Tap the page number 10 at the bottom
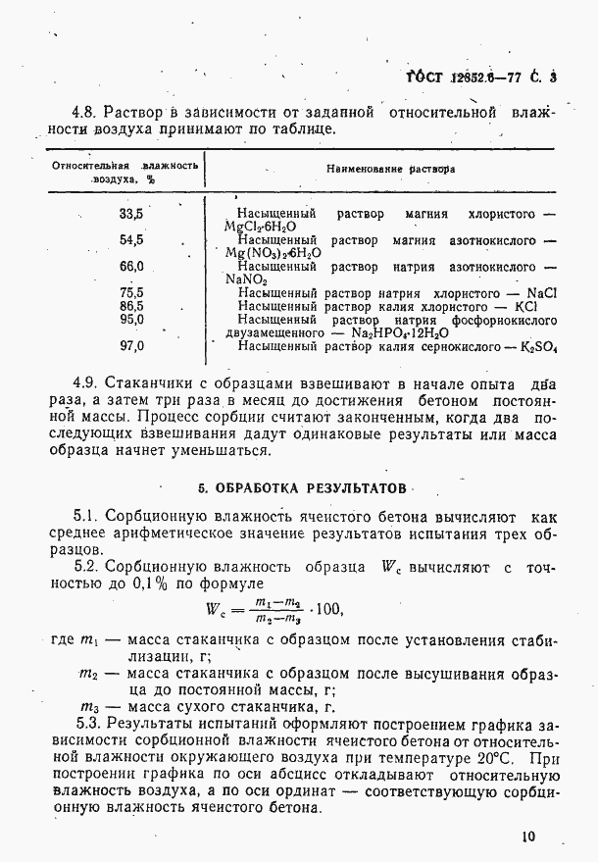[529, 837]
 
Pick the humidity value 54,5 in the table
[131, 238]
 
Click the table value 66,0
[131, 266]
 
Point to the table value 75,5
[131, 292]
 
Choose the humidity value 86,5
[131, 306]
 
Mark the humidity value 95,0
[131, 319]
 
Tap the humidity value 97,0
[131, 345]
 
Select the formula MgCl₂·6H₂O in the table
[258, 226]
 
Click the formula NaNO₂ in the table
[246, 279]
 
